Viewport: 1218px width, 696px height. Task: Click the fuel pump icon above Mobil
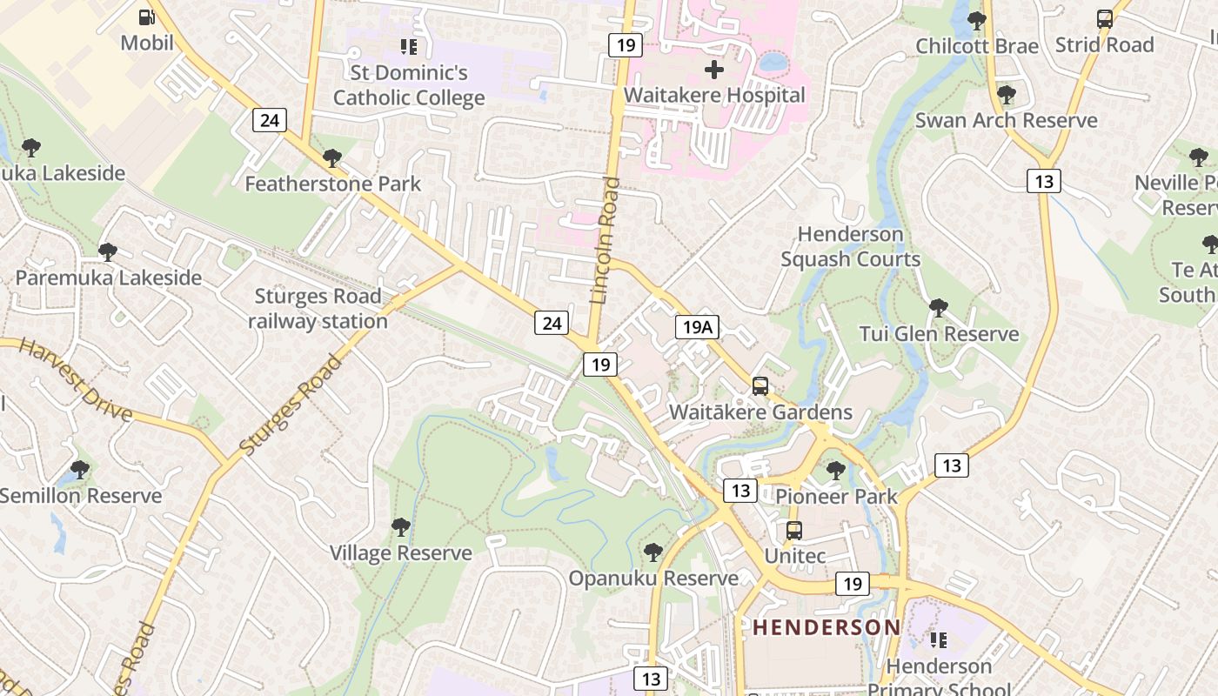tap(147, 17)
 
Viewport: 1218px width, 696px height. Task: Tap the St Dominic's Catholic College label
tap(409, 85)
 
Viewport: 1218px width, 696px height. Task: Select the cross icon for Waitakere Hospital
tap(714, 70)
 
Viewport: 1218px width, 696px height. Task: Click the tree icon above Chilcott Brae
tap(977, 20)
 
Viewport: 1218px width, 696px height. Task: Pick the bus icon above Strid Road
tap(1104, 19)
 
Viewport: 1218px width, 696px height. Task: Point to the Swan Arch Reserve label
tap(1006, 120)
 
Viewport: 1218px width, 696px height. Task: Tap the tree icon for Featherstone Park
tap(331, 158)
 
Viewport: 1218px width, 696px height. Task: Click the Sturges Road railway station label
tap(318, 309)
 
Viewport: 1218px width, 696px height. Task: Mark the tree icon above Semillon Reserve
tap(79, 470)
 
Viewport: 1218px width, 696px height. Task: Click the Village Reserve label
tap(400, 552)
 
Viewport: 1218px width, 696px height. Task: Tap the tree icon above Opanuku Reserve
tap(652, 552)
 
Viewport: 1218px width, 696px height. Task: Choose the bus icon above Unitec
tap(793, 530)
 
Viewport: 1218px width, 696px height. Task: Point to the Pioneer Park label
tap(836, 496)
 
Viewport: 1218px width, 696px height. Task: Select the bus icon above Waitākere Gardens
tap(760, 385)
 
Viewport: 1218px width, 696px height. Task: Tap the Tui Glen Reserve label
tap(939, 334)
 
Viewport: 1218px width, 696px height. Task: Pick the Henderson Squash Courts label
tap(850, 246)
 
